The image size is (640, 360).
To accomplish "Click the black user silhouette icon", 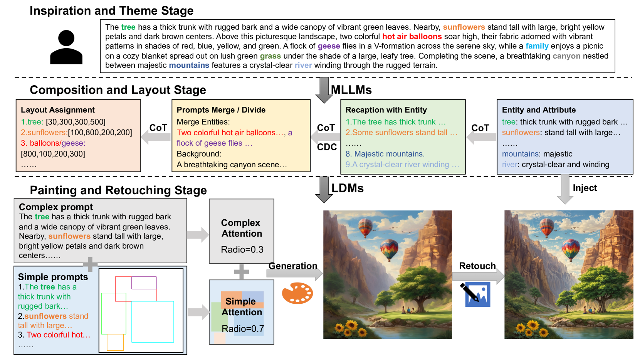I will point(66,47).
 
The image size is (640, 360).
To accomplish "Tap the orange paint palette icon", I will point(297,293).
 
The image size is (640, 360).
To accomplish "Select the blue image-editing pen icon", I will point(476,294).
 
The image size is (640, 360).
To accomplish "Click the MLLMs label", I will point(351,90).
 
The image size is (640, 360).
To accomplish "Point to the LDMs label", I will point(348,188).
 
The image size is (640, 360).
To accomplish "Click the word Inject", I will point(585,188).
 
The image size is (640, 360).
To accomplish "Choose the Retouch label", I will point(477,266).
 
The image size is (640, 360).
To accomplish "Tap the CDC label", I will point(327,147).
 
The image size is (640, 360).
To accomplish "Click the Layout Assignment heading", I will point(58,110).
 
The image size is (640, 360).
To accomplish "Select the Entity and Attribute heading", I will point(539,110).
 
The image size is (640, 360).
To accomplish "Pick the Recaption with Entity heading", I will point(386,110).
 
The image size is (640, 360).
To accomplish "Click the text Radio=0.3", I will point(242,250).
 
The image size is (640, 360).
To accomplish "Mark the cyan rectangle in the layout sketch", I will point(153,321).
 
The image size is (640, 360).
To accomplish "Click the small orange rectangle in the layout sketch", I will point(115,342).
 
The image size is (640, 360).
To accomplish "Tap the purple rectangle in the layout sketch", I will point(144,283).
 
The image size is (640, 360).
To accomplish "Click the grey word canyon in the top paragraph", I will point(566,56).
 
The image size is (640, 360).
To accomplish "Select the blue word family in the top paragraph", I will point(537,46).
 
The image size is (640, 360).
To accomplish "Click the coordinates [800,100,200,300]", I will point(53,154).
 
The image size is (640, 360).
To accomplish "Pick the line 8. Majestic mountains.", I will point(385,154).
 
